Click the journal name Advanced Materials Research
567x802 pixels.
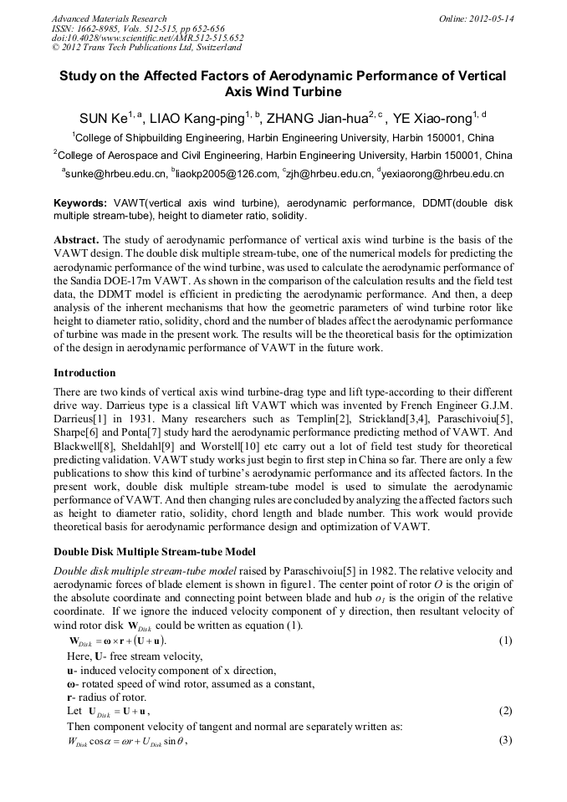[x=109, y=18]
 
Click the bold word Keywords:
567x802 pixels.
[x=79, y=203]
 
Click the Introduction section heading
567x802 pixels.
[x=84, y=373]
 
